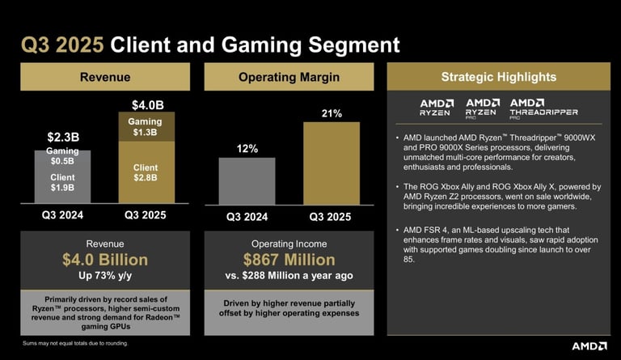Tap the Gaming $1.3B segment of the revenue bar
pyautogui.click(x=146, y=128)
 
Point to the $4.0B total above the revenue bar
pyautogui.click(x=146, y=105)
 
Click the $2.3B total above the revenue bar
pyautogui.click(x=62, y=137)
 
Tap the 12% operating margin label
pyautogui.click(x=247, y=149)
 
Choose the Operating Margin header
pyautogui.click(x=289, y=78)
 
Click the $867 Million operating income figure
pyautogui.click(x=289, y=260)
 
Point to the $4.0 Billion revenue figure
pyautogui.click(x=105, y=260)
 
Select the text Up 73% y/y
pyautogui.click(x=105, y=276)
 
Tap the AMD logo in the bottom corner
pyautogui.click(x=589, y=345)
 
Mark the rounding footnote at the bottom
pyautogui.click(x=74, y=344)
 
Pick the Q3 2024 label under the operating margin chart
pyautogui.click(x=247, y=217)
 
